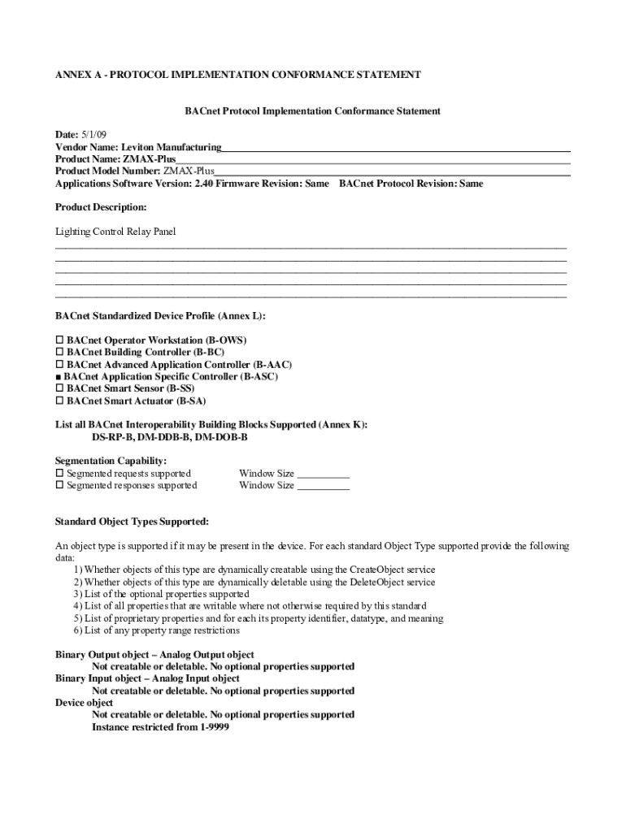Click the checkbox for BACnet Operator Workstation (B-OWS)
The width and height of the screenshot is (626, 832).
[59, 340]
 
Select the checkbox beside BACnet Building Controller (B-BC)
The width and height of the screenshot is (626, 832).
[59, 352]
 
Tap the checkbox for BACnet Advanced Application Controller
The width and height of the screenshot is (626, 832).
[59, 365]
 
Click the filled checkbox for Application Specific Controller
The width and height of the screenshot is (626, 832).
[59, 377]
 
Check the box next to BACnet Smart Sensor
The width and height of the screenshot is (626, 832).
[59, 388]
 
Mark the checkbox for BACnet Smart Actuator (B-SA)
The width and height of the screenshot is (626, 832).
[59, 401]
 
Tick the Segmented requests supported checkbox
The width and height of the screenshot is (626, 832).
[59, 473]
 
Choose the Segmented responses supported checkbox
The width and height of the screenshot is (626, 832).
[59, 485]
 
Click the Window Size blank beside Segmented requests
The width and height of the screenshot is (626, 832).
[324, 474]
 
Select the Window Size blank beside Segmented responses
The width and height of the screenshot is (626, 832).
[324, 486]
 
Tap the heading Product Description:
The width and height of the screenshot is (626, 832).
[101, 208]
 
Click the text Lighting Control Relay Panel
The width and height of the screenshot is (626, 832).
[115, 232]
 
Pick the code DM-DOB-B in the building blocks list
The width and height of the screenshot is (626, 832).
[221, 437]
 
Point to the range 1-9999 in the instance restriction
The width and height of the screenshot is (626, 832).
[214, 727]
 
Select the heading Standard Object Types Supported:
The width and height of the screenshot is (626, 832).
[132, 521]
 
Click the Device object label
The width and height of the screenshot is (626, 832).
[85, 703]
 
